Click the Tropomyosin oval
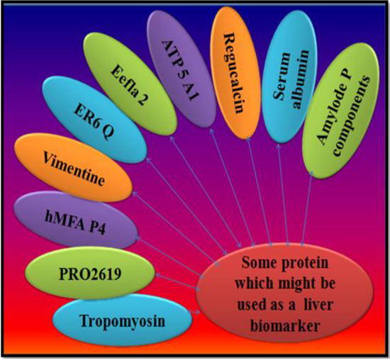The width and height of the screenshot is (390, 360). pyautogui.click(x=123, y=320)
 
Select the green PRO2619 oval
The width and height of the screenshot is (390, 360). pyautogui.click(x=90, y=274)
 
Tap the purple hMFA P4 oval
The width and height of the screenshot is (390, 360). pyautogui.click(x=76, y=221)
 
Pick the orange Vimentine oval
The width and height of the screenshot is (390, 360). pyautogui.click(x=73, y=168)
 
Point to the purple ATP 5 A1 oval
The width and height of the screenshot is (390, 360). pyautogui.click(x=182, y=70)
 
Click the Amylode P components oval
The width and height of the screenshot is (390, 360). pyautogui.click(x=341, y=111)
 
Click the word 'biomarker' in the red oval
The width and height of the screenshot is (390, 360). pyautogui.click(x=285, y=325)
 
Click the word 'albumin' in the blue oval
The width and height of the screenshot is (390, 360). pyautogui.click(x=301, y=79)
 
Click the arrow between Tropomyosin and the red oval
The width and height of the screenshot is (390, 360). pyautogui.click(x=194, y=312)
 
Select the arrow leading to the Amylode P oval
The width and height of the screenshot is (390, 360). pyautogui.click(x=306, y=209)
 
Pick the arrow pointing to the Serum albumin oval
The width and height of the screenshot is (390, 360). pyautogui.click(x=284, y=194)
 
